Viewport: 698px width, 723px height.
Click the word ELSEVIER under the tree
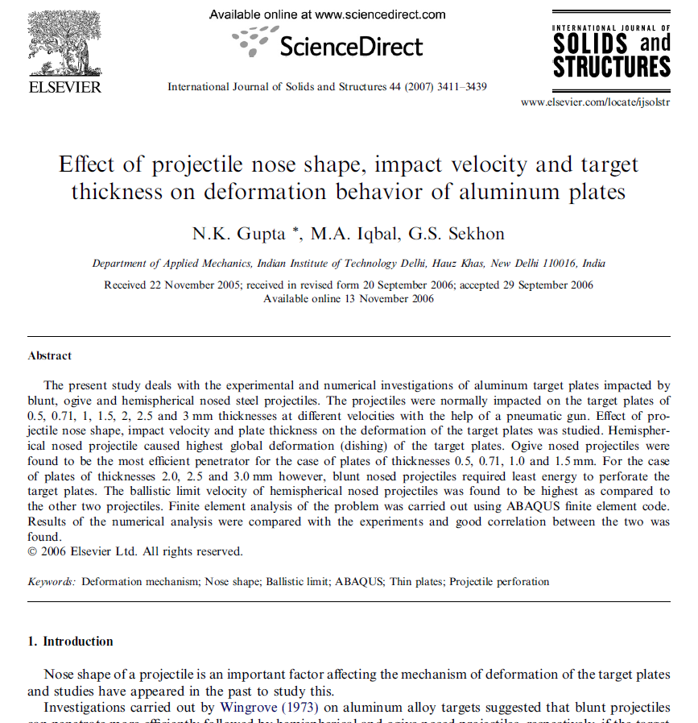pyautogui.click(x=65, y=87)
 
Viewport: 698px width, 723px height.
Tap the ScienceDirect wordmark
pyautogui.click(x=350, y=46)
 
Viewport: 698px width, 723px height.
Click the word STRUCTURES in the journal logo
pyautogui.click(x=611, y=66)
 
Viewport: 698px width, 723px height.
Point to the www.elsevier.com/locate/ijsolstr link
pyautogui.click(x=595, y=102)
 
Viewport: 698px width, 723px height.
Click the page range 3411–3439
pyautogui.click(x=460, y=87)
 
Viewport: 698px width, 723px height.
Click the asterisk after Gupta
pyautogui.click(x=297, y=231)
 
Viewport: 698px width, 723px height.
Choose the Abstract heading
pyautogui.click(x=50, y=355)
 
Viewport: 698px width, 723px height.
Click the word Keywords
pyautogui.click(x=52, y=581)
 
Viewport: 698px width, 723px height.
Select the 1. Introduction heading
pyautogui.click(x=70, y=642)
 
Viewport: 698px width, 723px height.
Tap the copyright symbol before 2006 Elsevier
pyautogui.click(x=32, y=552)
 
